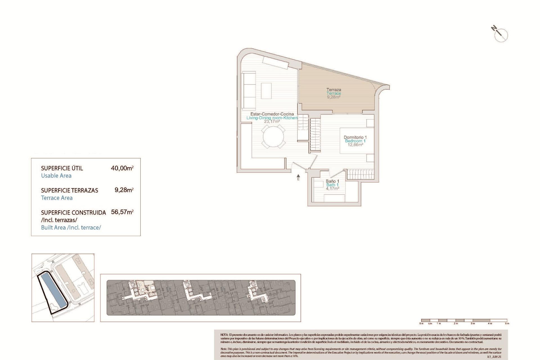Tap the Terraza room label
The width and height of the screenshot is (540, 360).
tap(334, 90)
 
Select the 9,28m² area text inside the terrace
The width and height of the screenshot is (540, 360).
tap(334, 97)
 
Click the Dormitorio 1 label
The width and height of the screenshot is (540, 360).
tap(355, 138)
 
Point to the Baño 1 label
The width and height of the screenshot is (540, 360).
tap(332, 181)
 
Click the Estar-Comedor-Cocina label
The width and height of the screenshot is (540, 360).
tap(272, 114)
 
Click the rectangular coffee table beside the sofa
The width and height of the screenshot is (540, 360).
tap(266, 91)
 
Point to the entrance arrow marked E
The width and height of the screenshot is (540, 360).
tap(298, 177)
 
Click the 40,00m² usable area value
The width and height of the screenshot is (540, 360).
tap(122, 168)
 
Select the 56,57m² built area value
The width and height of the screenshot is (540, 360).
tap(122, 212)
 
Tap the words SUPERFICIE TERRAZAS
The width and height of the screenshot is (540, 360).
tap(69, 190)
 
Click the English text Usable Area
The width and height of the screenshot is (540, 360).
tap(56, 176)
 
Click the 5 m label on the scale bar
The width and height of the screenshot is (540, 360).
tap(507, 323)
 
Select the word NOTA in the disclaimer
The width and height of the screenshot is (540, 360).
tap(224, 335)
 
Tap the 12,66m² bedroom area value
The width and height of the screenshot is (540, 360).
tap(355, 145)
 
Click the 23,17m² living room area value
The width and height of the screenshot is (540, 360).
tap(272, 121)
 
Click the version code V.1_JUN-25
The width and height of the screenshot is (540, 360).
tap(494, 356)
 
